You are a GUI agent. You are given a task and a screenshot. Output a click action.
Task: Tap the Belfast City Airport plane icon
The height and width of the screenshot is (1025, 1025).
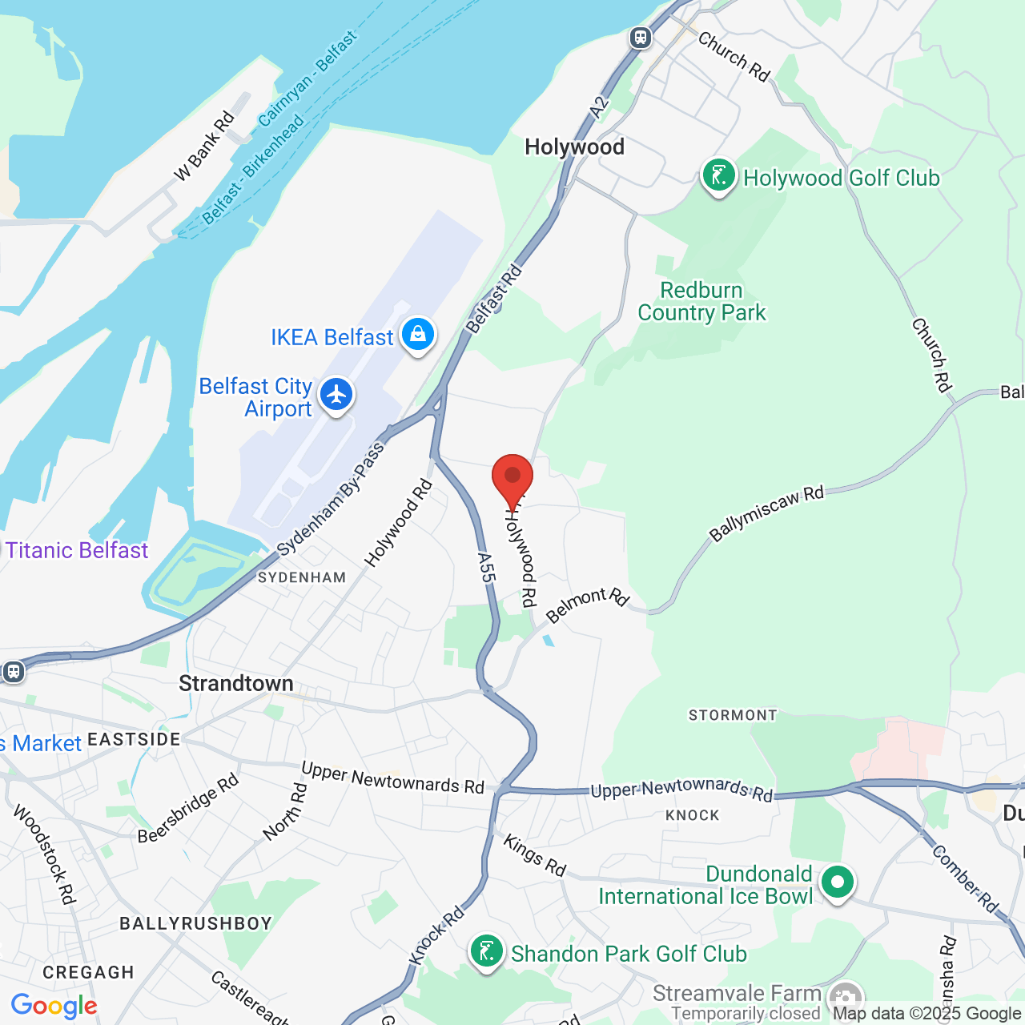point(336,395)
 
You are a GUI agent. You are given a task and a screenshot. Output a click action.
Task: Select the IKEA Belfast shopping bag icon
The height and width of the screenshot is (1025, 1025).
point(418,335)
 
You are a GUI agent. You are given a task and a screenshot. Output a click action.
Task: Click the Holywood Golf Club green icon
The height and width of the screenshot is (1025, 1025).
point(718,175)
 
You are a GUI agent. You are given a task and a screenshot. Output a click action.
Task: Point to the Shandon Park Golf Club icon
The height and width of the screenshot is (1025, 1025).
point(487,952)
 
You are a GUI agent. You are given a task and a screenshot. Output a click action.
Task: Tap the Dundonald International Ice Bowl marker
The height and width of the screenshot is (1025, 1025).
point(838,882)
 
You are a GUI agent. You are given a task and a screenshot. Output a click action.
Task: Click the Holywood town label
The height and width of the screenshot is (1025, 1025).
point(574,147)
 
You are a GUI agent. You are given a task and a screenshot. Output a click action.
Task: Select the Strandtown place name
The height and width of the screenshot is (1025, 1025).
point(236,683)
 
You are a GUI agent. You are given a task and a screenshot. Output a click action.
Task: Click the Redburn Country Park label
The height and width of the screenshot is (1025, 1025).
point(701,301)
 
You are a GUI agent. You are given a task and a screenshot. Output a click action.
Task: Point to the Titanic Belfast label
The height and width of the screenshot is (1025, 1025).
point(77,550)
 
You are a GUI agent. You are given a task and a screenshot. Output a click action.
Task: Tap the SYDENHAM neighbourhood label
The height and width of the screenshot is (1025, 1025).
point(302,577)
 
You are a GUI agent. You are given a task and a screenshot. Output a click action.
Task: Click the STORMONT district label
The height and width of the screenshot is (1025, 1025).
point(733,715)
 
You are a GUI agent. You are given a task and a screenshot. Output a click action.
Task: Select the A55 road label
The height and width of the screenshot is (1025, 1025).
point(486,567)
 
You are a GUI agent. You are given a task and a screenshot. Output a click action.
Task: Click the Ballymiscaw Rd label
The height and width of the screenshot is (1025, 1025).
point(766,513)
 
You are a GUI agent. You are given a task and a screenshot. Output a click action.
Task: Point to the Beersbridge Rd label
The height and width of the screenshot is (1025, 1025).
point(188,808)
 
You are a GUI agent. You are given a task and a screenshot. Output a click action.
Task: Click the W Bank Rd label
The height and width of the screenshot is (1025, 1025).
point(204,146)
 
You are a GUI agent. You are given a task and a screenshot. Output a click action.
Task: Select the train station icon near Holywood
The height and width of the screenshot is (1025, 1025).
point(640,38)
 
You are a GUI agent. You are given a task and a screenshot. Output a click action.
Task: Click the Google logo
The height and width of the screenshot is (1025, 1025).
point(54,1006)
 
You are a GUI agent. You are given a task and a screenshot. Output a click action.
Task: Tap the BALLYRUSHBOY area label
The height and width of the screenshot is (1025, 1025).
point(196,923)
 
